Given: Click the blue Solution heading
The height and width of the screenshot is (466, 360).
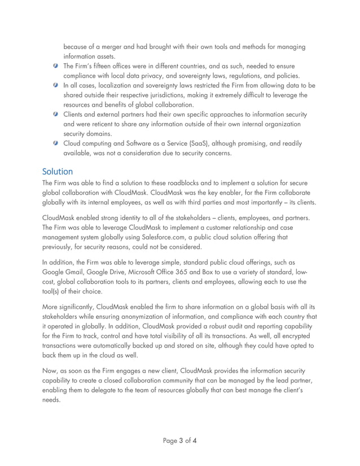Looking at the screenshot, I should pos(58,171).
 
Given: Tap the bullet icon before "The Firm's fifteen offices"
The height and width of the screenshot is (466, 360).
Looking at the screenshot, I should pos(55,66).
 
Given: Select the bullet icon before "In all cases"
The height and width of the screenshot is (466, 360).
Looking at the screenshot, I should pos(55,85).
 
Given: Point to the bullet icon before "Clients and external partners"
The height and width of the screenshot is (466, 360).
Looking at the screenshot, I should pos(55,115).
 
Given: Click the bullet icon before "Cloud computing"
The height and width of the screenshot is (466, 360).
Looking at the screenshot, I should pos(55,143).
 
